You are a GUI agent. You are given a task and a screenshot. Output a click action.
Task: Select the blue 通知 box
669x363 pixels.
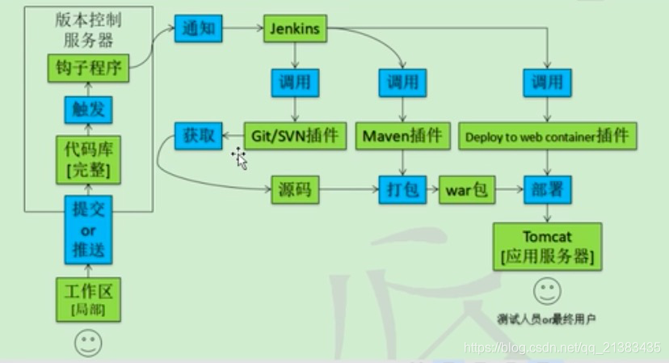[197, 30]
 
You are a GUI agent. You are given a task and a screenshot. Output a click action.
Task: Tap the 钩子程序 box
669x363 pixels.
[89, 70]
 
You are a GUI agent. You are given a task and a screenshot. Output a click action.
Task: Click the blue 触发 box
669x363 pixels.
[88, 110]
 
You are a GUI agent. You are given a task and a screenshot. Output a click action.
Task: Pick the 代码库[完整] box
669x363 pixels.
[88, 160]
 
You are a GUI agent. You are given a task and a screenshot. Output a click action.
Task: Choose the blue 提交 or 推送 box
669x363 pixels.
[88, 230]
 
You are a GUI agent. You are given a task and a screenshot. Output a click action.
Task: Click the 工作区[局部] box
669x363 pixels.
[88, 299]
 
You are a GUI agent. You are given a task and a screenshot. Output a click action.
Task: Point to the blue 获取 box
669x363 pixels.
[199, 135]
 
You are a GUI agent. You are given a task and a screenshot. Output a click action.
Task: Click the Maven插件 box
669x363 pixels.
[402, 135]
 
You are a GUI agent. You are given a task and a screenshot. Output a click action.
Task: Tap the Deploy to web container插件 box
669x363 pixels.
[547, 136]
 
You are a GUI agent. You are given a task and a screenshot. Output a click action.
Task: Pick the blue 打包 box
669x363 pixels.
[402, 191]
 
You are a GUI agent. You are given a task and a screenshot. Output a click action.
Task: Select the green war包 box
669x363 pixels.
[466, 191]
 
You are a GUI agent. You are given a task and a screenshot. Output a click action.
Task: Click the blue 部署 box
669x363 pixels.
[547, 191]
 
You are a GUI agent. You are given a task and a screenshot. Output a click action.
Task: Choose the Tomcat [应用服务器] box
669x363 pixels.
[547, 246]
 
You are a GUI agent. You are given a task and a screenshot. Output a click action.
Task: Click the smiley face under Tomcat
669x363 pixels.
[547, 290]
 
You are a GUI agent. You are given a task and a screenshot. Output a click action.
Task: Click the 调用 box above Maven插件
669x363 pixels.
[402, 82]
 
